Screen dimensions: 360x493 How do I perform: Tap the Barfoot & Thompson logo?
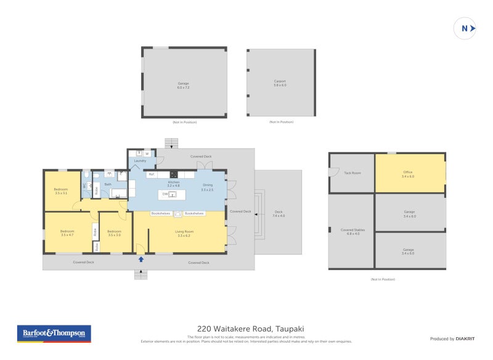(54, 333)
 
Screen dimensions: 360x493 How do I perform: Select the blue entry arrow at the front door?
(141, 260)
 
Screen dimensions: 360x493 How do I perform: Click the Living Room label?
(184, 233)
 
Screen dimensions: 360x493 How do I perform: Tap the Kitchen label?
(174, 184)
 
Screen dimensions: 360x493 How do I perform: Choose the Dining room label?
(207, 186)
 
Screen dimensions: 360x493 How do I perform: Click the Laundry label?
(140, 161)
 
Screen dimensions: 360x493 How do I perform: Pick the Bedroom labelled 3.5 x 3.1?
(60, 191)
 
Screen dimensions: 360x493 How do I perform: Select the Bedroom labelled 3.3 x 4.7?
(67, 233)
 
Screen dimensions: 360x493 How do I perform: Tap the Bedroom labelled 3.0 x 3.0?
(114, 233)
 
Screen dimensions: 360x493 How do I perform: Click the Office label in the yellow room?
(408, 174)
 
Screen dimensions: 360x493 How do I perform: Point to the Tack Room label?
(352, 173)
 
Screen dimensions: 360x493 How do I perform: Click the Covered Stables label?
(352, 231)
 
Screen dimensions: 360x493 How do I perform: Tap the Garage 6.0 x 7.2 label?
(183, 85)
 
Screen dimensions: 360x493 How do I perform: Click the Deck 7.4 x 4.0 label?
(279, 214)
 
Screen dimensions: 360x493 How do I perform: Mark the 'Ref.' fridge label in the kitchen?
(151, 174)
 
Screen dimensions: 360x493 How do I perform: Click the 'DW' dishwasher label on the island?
(165, 194)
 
